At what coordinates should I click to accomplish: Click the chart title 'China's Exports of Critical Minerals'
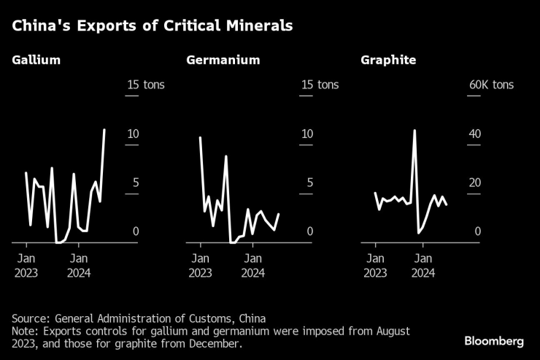point(152,26)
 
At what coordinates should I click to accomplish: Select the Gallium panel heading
point(36,60)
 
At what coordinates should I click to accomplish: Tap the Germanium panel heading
point(223,60)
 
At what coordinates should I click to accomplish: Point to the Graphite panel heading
point(388,60)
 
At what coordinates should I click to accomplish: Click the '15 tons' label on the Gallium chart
point(145,85)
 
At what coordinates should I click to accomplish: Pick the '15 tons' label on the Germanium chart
point(320,85)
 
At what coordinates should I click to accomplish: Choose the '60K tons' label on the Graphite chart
point(491,85)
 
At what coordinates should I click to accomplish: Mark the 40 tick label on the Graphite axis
point(474,134)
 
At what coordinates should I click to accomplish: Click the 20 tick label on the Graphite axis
point(474,183)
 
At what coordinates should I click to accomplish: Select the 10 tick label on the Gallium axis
point(132,134)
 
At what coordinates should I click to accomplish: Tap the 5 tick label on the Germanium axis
point(309,183)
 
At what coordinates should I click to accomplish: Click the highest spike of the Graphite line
point(414,131)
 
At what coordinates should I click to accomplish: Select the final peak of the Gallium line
point(104,130)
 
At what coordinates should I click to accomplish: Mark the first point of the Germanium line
point(200,137)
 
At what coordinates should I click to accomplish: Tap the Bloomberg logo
point(494,341)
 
